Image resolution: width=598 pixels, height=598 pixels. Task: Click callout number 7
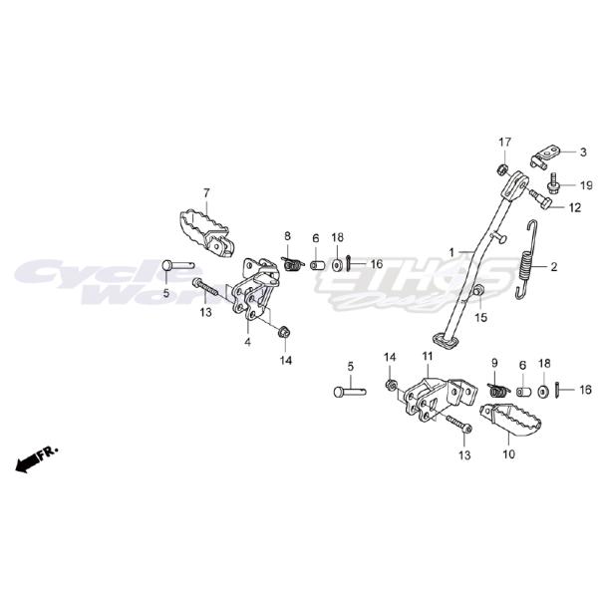[206, 192]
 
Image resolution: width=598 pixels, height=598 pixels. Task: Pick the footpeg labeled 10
[510, 419]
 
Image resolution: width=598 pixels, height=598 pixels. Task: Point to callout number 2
[553, 267]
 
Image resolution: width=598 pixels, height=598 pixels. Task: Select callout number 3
[583, 151]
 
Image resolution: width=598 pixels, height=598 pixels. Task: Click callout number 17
[504, 142]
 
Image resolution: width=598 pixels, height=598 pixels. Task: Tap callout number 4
[247, 341]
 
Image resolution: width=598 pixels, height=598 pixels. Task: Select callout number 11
[427, 356]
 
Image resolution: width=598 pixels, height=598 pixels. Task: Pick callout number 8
[287, 236]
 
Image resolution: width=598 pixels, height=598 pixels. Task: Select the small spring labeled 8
[291, 264]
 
